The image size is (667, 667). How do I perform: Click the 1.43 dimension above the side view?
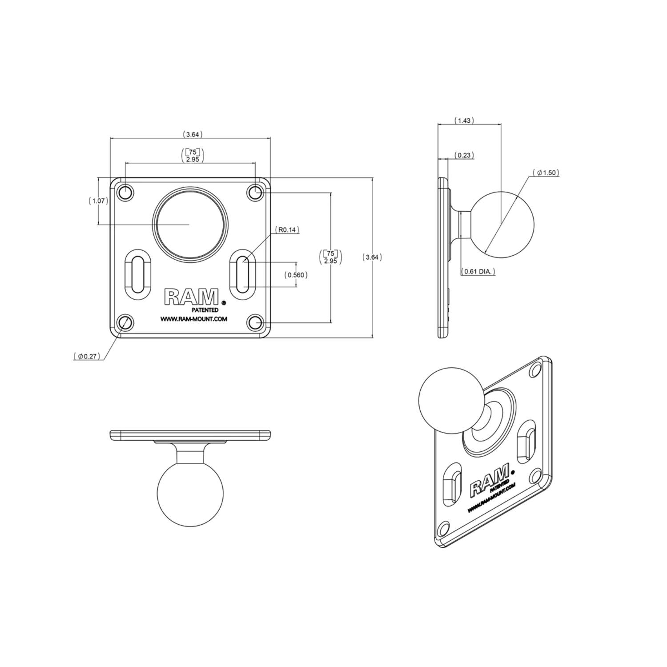coord(464,121)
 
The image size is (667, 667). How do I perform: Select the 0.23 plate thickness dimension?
coord(464,155)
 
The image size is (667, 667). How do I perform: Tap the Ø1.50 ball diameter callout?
coord(546,173)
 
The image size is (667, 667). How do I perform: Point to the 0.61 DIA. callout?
coord(478,271)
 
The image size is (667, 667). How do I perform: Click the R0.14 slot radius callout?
coord(287,230)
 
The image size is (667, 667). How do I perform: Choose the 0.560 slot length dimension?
coord(296,275)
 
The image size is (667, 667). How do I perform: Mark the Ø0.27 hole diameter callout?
coord(87,356)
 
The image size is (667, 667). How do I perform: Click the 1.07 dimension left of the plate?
coord(98,201)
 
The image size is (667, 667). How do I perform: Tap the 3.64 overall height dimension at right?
coord(372,257)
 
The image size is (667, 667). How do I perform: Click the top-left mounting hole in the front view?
coord(125,193)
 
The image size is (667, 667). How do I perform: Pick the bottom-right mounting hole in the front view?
coord(255,322)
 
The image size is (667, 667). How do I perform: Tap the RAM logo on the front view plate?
coord(192,297)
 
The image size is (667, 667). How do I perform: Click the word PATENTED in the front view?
coord(205,310)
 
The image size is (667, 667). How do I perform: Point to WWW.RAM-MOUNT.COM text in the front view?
coord(194,319)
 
